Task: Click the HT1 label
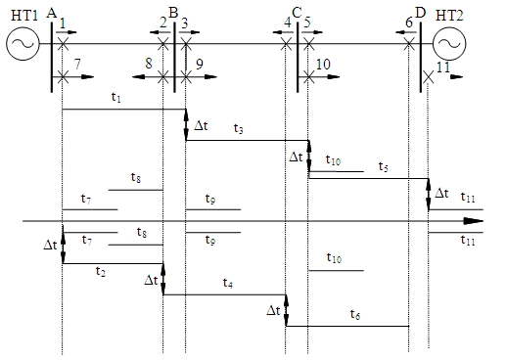24,16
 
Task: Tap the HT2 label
449,16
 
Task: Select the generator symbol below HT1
23,44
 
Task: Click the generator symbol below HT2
449,44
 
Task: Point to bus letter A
52,13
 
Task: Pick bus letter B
173,13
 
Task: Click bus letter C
297,13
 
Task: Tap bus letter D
421,13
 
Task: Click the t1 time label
116,97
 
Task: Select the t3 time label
239,128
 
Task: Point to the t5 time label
384,166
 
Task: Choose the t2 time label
101,271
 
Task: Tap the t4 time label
228,283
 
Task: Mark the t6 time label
355,314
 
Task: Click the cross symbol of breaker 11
429,77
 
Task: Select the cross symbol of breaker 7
63,77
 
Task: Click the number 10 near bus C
323,65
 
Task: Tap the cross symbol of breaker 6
408,44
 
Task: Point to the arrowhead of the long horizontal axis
474,221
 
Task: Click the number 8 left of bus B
149,64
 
